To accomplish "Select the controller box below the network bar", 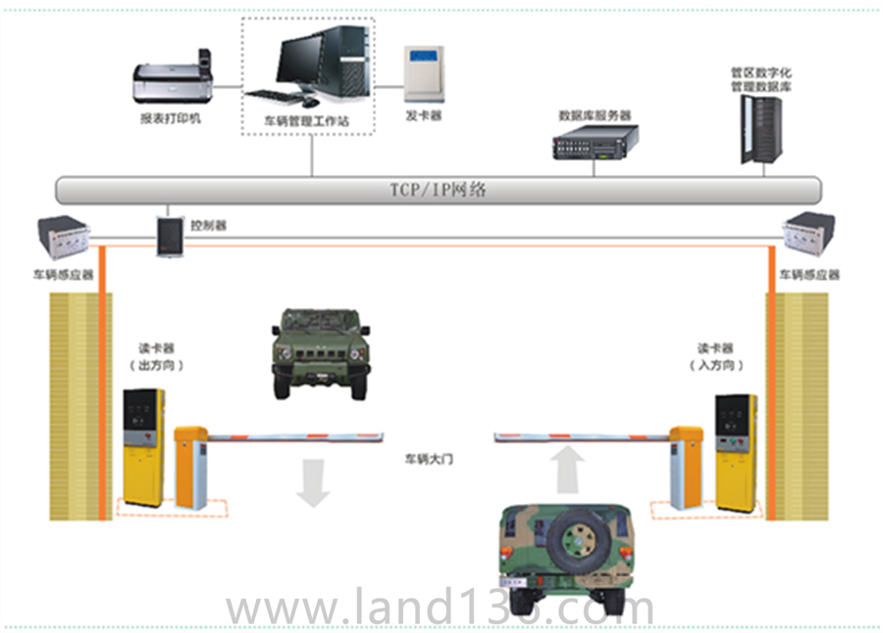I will [x=170, y=236].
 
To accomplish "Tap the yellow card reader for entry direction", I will [x=736, y=450].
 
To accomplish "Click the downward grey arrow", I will [x=313, y=482].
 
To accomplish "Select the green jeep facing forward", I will [x=319, y=352].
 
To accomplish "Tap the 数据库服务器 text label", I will [x=595, y=115].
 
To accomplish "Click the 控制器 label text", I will [x=209, y=225].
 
